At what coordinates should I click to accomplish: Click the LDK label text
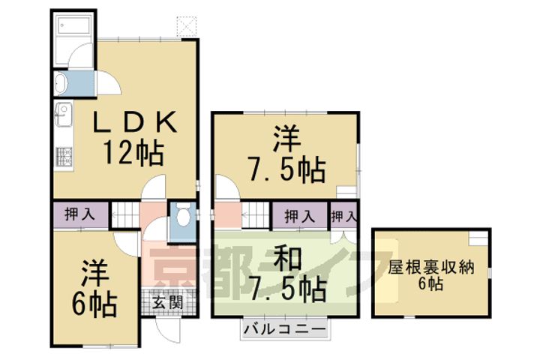pos(135,121)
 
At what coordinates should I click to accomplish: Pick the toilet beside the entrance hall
pos(182,217)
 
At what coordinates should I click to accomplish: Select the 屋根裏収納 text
pos(432,267)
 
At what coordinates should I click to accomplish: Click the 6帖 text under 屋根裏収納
pos(431,283)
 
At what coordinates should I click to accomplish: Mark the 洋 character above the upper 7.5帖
pos(286,139)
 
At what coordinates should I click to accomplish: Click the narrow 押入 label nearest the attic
pos(343,216)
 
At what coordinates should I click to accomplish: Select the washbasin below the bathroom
pos(63,82)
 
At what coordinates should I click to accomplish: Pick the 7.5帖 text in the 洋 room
pos(288,169)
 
